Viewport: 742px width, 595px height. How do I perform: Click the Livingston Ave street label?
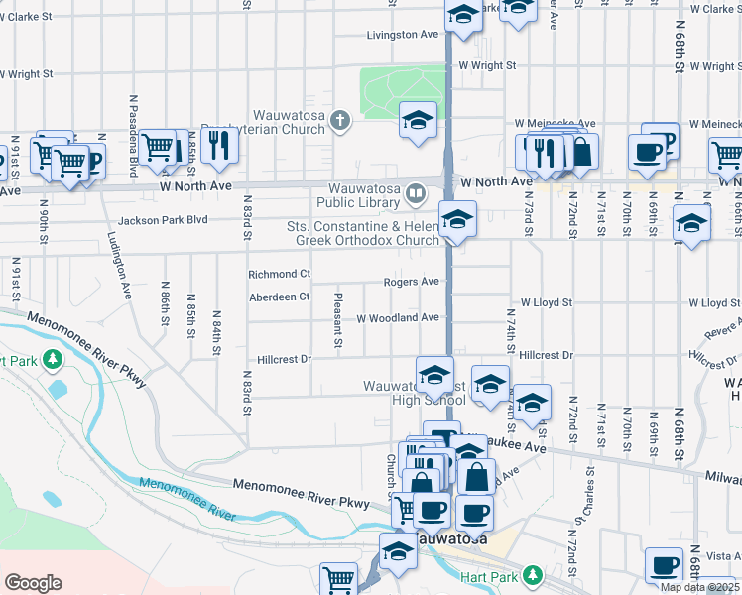(x=403, y=35)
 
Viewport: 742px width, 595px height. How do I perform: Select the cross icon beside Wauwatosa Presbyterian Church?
(x=340, y=122)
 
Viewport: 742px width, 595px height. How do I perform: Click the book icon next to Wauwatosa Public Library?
(x=417, y=192)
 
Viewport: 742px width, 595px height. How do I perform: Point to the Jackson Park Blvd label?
(x=163, y=220)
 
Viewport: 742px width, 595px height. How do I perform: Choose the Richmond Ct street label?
(x=279, y=274)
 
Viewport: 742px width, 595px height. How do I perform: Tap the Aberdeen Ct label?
(x=279, y=297)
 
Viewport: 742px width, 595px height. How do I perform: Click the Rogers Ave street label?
(x=411, y=283)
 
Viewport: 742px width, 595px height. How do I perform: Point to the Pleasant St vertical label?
(x=338, y=319)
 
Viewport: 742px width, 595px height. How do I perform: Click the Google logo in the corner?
(x=33, y=583)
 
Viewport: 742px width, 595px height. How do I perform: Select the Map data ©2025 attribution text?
(x=698, y=587)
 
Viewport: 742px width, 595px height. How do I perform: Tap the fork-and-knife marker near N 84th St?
(x=218, y=145)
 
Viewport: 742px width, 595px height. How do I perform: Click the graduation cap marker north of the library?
(x=418, y=121)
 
